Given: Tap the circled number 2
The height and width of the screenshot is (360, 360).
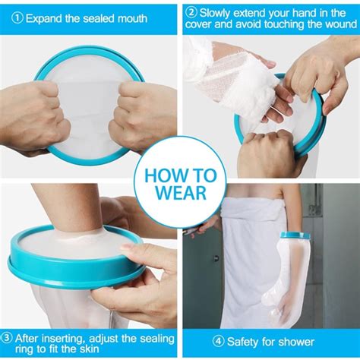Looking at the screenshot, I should point(192,12).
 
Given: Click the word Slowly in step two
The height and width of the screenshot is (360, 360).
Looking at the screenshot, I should point(219,12).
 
